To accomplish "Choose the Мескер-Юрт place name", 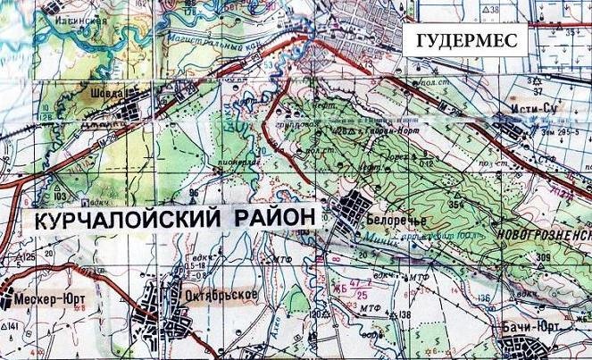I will click(x=46, y=301).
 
